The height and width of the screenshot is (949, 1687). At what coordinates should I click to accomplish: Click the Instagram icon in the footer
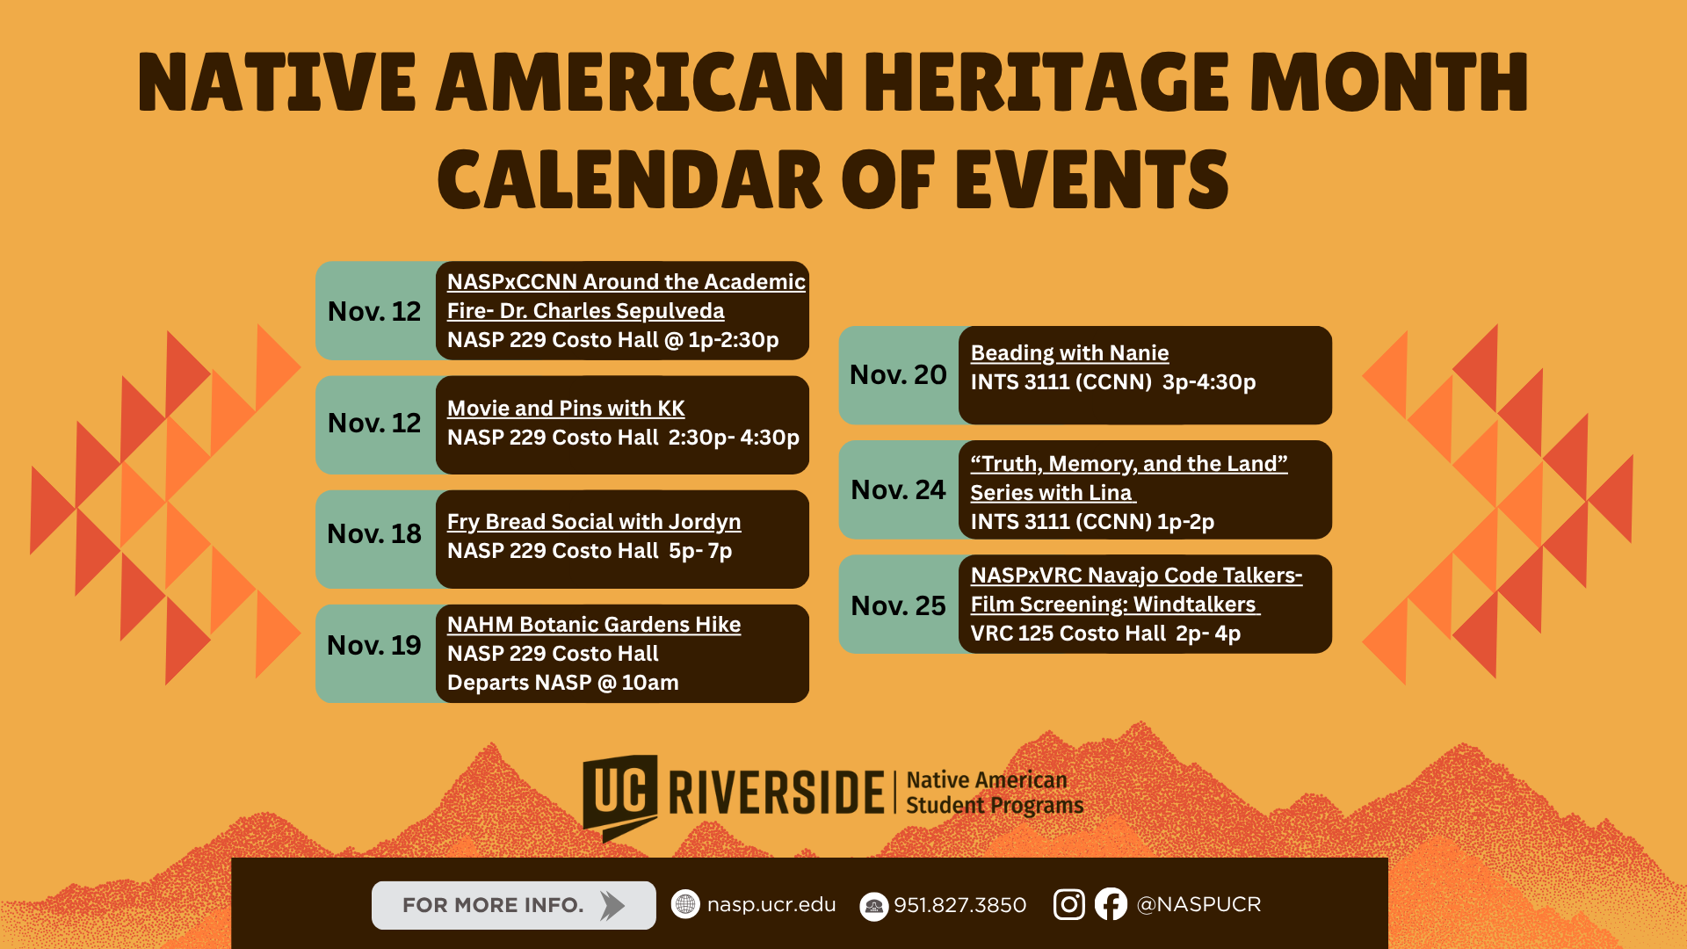(1068, 904)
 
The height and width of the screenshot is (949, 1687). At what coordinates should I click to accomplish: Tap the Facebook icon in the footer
(1111, 904)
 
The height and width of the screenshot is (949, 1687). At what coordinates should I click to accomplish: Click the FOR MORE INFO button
(513, 905)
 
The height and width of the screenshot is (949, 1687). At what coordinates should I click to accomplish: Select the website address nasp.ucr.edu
(771, 905)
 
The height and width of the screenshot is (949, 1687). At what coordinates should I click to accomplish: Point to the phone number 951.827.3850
(959, 905)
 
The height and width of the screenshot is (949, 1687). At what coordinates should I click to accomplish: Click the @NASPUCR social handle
(1198, 904)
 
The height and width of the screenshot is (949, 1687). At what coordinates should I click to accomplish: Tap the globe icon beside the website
(685, 904)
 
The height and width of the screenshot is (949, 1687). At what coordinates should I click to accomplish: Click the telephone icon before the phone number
(873, 907)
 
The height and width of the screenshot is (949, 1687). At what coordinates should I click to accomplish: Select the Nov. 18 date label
(374, 534)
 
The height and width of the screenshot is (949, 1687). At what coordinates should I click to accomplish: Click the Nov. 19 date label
(374, 646)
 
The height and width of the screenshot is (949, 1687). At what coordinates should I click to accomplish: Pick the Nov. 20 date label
(898, 375)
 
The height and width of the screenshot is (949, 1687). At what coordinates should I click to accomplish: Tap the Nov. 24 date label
(898, 490)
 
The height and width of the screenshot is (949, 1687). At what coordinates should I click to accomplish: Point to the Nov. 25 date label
(898, 606)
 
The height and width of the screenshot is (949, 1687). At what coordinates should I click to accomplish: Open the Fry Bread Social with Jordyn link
(594, 522)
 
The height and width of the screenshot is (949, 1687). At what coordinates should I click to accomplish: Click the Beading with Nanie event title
(1069, 353)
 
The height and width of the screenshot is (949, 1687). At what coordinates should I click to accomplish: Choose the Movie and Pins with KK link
(566, 409)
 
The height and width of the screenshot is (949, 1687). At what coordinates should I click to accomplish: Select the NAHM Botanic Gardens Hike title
(594, 625)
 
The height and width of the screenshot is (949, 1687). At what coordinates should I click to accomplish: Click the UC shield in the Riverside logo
(620, 793)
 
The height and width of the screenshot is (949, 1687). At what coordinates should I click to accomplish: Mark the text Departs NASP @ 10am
(563, 683)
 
